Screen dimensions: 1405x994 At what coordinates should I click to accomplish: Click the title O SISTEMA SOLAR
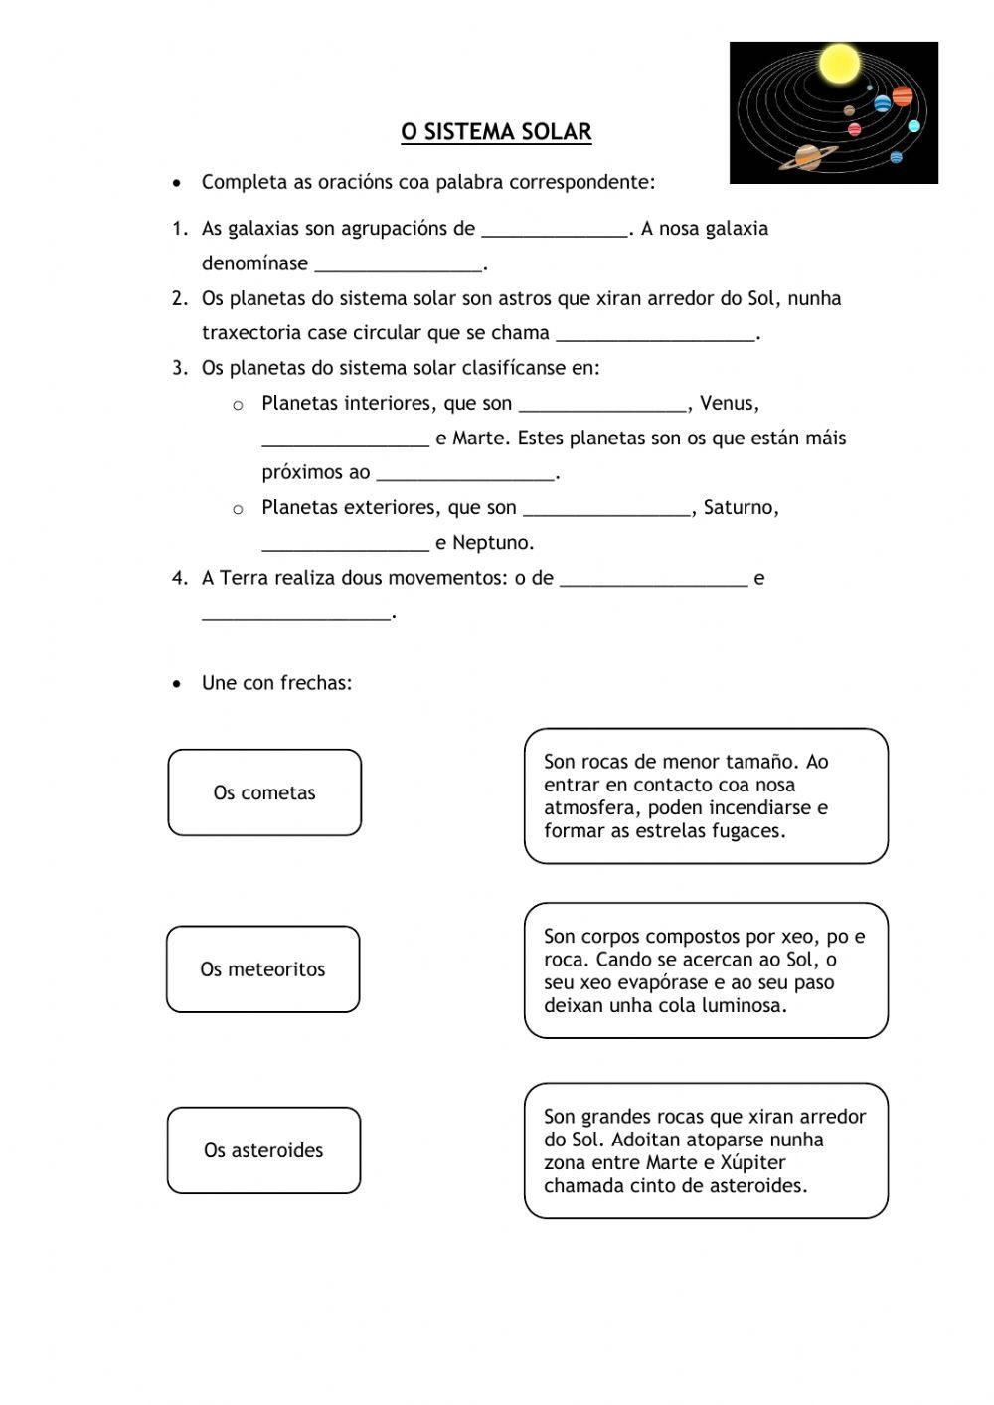click(x=496, y=132)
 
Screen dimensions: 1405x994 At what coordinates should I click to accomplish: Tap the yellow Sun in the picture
click(x=838, y=64)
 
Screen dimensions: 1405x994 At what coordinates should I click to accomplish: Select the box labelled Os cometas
click(x=264, y=792)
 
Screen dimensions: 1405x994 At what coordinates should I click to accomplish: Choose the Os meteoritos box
click(x=262, y=969)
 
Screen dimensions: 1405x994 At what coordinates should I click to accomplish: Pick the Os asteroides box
click(x=263, y=1150)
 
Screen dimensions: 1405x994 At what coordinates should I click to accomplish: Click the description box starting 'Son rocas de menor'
click(x=706, y=795)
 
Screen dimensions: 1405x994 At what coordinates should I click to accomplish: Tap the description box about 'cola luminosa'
click(x=706, y=970)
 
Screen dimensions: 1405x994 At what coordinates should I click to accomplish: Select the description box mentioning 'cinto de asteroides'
click(x=706, y=1150)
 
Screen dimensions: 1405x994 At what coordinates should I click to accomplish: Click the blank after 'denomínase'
click(x=399, y=264)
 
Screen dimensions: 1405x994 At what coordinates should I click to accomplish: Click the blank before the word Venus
click(x=603, y=405)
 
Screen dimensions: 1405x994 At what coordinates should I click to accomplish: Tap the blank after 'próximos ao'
click(x=465, y=474)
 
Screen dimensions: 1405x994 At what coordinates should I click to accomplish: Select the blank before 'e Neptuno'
click(x=345, y=544)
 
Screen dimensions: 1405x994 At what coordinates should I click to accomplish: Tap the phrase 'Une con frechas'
click(x=276, y=683)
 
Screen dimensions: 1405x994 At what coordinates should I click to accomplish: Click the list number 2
click(x=179, y=298)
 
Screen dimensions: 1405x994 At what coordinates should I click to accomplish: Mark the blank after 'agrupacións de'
click(x=555, y=230)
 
